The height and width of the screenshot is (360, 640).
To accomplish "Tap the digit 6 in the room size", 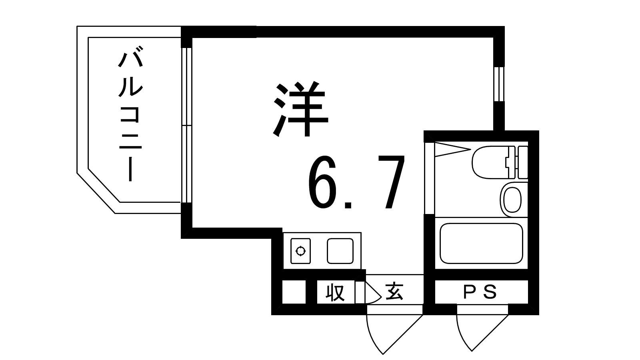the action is click(322, 182).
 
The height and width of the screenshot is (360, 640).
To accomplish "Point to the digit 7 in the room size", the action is click(391, 182).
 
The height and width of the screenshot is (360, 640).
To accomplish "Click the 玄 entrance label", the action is click(394, 292).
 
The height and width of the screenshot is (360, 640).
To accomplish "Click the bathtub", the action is click(481, 243).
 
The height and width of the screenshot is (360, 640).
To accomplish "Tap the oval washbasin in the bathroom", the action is click(512, 200).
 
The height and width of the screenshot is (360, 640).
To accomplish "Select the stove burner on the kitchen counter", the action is click(300, 251).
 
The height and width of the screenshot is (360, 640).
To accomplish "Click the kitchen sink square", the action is click(340, 251).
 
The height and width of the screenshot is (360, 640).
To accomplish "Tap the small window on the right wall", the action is click(499, 84).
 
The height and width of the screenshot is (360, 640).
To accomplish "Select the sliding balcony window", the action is click(186, 125).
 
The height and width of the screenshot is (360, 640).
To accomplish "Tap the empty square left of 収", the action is click(294, 292).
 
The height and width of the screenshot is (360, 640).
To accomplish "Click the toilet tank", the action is click(522, 162).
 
